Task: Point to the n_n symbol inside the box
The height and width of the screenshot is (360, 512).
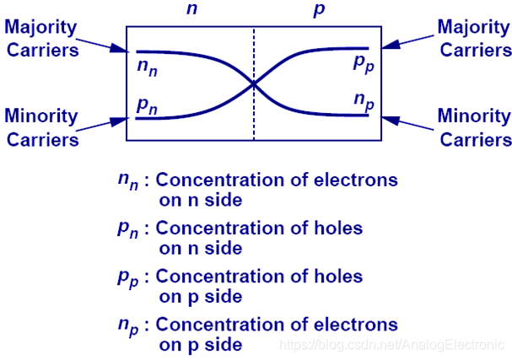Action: pyautogui.click(x=147, y=67)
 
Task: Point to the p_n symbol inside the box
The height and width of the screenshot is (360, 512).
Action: pyautogui.click(x=147, y=106)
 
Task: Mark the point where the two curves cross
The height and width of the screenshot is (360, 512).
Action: pyautogui.click(x=253, y=83)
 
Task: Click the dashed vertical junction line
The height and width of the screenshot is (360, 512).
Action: pyautogui.click(x=253, y=118)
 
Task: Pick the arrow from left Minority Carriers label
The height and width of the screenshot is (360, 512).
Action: pyautogui.click(x=105, y=125)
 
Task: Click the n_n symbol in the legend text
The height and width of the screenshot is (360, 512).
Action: pyautogui.click(x=127, y=182)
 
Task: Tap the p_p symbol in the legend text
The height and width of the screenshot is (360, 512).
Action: pyautogui.click(x=127, y=278)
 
